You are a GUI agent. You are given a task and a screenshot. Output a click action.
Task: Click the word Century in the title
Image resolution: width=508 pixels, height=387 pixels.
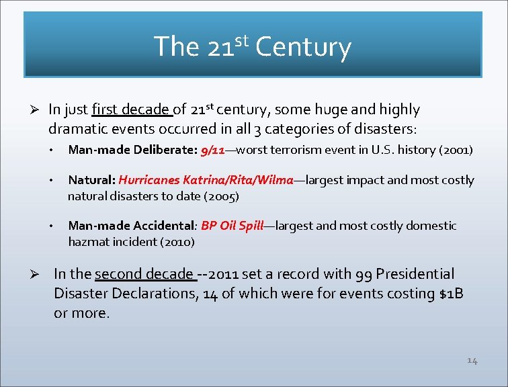click(x=303, y=47)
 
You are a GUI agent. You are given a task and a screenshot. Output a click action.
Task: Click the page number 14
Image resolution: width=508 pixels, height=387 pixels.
click(x=472, y=361)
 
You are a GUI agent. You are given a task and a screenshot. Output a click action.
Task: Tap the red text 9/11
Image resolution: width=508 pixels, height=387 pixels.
click(x=212, y=150)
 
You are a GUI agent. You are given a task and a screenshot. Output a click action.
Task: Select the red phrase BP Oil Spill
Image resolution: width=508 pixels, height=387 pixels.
click(x=232, y=226)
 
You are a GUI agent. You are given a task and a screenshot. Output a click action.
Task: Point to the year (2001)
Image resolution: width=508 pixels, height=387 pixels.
click(x=455, y=150)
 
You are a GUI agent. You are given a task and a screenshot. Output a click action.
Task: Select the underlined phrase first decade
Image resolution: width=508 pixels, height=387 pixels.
click(x=132, y=110)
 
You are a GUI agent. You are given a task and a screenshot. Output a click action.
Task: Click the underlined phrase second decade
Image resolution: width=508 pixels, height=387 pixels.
click(x=144, y=274)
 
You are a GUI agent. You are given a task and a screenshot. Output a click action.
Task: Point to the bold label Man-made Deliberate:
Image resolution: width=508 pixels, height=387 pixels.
click(x=132, y=150)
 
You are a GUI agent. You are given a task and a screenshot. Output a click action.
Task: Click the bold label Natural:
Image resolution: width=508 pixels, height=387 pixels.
click(x=92, y=180)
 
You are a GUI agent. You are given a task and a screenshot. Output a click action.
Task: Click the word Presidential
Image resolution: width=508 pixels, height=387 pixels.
click(x=415, y=274)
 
